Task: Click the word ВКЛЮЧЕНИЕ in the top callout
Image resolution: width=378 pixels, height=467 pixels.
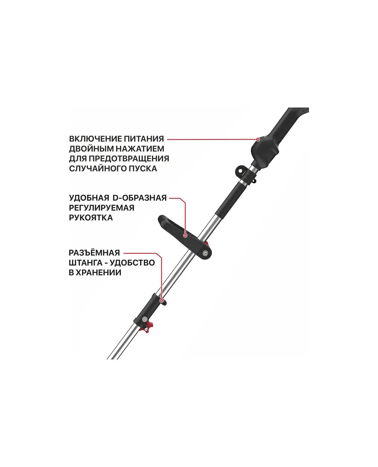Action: (x=95, y=139)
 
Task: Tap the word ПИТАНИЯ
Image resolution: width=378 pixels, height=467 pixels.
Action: (x=144, y=139)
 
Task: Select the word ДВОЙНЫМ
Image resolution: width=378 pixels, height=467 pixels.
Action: (x=91, y=149)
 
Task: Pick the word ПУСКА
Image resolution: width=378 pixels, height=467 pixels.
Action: (x=143, y=169)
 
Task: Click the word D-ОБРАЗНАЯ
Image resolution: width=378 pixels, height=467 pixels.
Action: (x=140, y=198)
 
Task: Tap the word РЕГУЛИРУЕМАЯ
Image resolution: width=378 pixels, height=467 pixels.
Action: (x=102, y=208)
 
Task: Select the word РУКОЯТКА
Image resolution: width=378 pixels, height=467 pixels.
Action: (x=91, y=218)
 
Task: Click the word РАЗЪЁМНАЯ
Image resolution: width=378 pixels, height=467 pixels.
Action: (x=94, y=253)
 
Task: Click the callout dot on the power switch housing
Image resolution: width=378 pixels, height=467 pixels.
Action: (x=258, y=140)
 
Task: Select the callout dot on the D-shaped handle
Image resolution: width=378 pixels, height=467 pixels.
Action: (x=186, y=236)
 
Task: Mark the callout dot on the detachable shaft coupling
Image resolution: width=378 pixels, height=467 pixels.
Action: (x=162, y=301)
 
